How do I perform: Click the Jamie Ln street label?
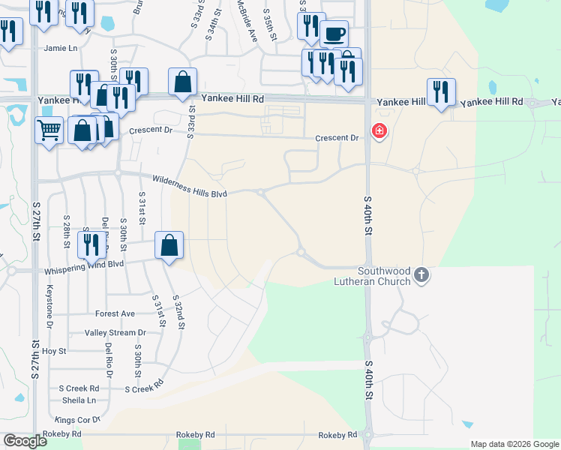coord(61,49)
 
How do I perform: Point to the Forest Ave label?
coord(115,313)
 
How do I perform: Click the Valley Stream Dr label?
coord(115,332)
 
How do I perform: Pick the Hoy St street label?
coord(54,350)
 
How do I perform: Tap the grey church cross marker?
coord(421,275)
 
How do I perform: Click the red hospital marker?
coord(379,132)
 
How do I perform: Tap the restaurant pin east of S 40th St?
coord(441,91)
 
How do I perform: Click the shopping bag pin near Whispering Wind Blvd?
coord(169,244)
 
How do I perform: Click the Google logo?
coord(25,441)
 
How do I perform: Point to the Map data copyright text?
coord(514,444)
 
